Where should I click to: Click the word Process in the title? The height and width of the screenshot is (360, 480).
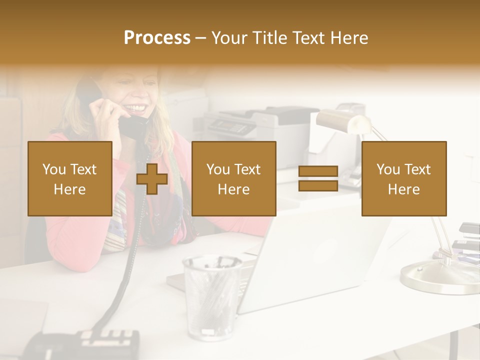[157, 37]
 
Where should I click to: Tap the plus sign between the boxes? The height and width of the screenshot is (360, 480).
[152, 179]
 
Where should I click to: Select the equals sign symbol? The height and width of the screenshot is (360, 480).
[318, 178]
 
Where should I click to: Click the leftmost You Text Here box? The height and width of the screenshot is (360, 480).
[70, 178]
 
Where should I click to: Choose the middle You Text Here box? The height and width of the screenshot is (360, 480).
[233, 178]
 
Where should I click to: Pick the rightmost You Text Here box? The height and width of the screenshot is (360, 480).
[403, 178]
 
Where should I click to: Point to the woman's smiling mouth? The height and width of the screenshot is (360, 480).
[137, 107]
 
